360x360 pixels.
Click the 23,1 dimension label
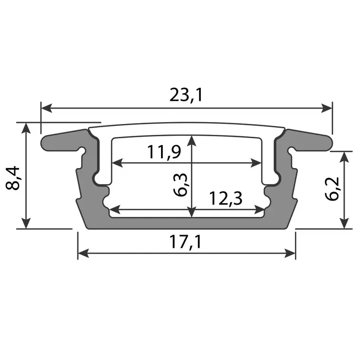(186, 95)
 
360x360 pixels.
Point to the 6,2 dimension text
(334, 189)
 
